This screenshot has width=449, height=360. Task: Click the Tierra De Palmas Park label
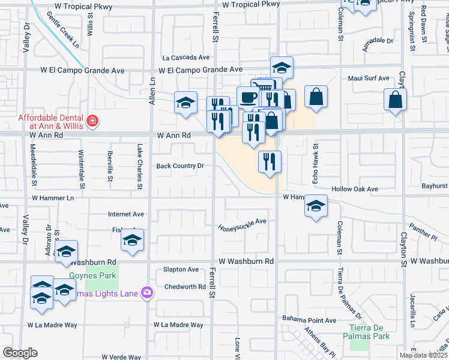click(x=369, y=332)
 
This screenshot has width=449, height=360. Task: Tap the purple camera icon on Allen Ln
click(x=147, y=292)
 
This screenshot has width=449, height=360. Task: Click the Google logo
click(x=19, y=353)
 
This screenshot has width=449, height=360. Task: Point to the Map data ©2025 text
click(x=423, y=355)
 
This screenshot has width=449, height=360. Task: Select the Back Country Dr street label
click(x=181, y=166)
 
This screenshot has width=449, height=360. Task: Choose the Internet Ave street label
click(x=125, y=214)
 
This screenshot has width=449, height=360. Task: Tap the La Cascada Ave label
click(x=187, y=58)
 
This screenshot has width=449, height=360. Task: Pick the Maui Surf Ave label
click(x=369, y=79)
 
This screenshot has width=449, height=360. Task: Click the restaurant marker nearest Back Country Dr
click(x=270, y=161)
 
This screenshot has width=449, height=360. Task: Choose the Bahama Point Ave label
click(x=310, y=320)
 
